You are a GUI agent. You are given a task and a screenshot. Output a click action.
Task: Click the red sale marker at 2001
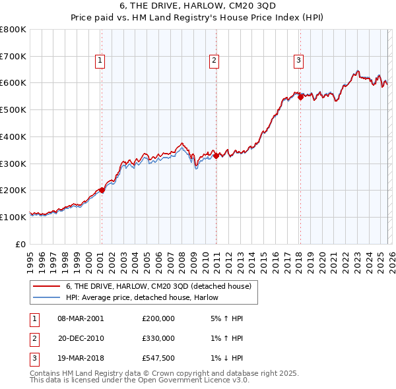click(x=102, y=190)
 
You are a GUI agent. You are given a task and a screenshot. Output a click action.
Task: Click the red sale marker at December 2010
click(x=216, y=156)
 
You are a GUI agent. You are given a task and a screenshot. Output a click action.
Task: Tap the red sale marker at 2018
click(x=300, y=97)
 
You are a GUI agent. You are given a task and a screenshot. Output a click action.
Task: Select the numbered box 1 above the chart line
click(x=100, y=61)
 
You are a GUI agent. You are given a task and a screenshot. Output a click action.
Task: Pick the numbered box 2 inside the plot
click(x=214, y=61)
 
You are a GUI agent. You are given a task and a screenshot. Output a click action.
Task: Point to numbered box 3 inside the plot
click(x=298, y=61)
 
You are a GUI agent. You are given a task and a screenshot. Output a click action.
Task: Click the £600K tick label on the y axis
click(x=13, y=83)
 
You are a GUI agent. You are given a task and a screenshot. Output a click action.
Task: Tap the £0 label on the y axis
click(x=21, y=244)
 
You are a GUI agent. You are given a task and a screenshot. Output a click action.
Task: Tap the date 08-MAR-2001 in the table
click(x=81, y=318)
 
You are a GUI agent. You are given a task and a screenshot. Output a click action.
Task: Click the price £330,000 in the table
click(x=158, y=338)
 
